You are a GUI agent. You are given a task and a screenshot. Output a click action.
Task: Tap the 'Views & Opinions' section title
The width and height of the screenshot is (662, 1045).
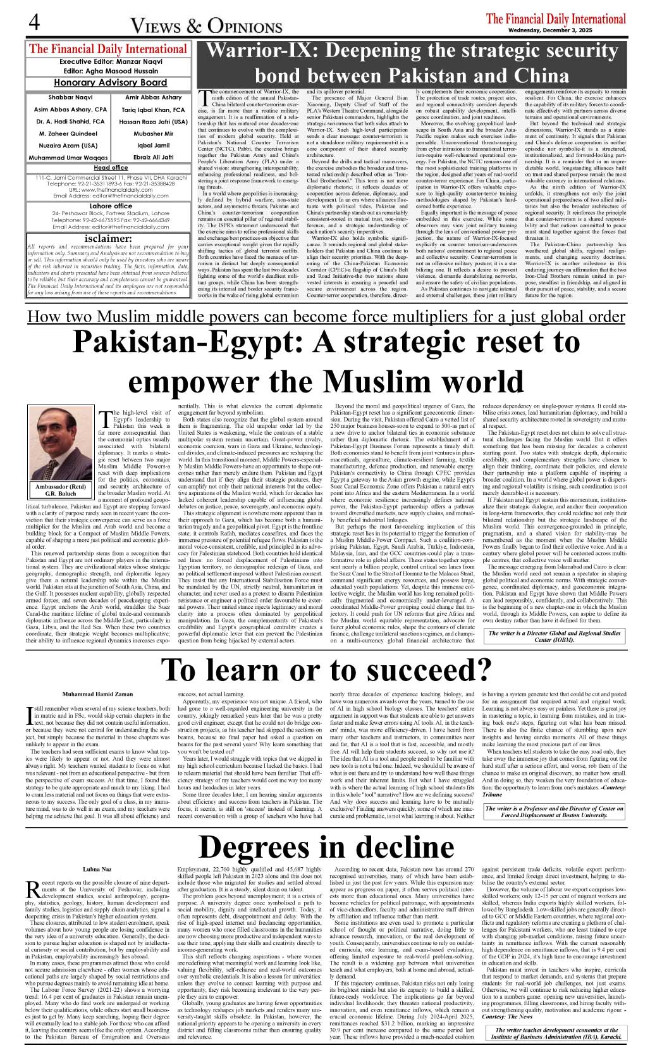coord(206,25)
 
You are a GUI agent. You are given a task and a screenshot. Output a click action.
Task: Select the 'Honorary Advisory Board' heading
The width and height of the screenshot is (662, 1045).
coord(110,82)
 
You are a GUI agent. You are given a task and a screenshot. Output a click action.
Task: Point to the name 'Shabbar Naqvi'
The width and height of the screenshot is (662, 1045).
coord(70,97)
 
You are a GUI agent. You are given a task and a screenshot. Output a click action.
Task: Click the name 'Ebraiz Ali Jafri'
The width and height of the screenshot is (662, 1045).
coord(153,157)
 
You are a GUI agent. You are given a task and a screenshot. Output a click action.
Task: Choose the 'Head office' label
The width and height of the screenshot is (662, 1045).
coord(111,168)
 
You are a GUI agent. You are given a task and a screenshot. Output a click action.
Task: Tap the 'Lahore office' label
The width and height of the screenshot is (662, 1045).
coord(111,206)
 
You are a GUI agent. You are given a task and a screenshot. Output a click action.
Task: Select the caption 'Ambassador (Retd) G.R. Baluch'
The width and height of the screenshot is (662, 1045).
coord(60,490)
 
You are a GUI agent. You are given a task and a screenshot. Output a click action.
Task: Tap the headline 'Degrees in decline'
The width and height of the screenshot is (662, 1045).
coord(326,847)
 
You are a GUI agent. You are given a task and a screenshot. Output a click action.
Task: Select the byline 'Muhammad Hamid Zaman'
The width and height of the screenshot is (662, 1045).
coord(98,694)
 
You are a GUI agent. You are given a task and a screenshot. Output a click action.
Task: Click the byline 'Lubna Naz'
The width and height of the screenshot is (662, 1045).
coord(97,870)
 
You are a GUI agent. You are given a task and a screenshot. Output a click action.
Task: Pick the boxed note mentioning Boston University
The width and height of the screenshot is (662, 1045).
coord(554,811)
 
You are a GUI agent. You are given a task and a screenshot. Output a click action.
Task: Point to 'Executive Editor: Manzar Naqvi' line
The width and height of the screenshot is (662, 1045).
coord(110,62)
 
